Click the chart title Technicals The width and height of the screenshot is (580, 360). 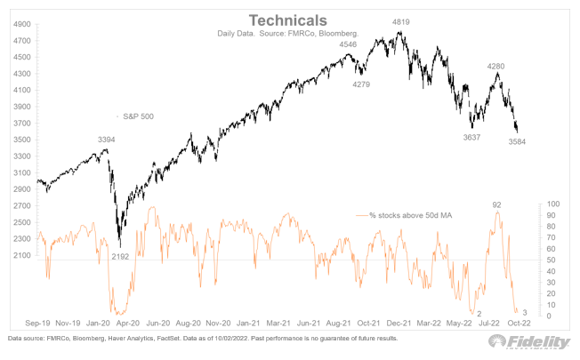pyautogui.click(x=289, y=19)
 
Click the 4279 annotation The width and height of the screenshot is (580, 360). pyautogui.click(x=360, y=84)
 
